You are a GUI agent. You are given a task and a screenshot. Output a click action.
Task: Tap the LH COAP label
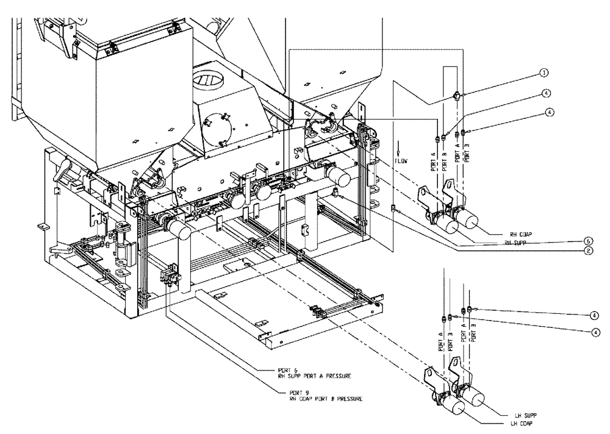coord(514,423)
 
